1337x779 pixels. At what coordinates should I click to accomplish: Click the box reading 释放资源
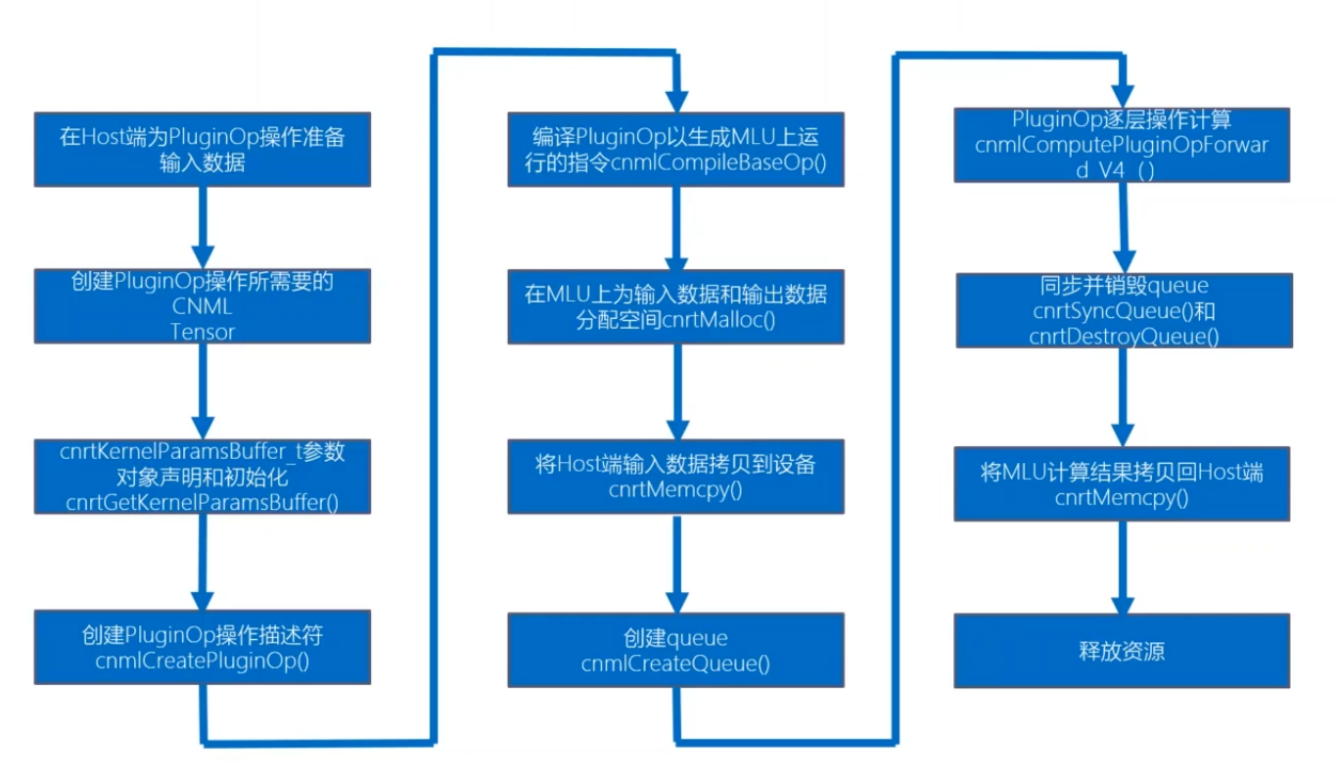(1122, 651)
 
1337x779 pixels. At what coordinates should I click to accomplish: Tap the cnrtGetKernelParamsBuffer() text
(203, 503)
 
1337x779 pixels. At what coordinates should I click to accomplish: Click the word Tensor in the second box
(203, 332)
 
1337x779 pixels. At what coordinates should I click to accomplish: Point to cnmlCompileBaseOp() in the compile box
(719, 162)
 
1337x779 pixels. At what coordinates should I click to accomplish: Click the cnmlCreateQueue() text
(675, 664)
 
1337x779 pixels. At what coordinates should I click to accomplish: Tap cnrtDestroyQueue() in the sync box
(1124, 336)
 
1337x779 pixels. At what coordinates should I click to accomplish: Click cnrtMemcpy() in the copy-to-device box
(675, 488)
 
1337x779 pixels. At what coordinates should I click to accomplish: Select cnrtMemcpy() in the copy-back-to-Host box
(1122, 497)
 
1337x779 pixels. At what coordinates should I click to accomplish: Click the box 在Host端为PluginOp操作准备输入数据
(203, 150)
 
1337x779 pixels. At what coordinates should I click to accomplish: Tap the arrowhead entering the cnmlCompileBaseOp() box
(675, 100)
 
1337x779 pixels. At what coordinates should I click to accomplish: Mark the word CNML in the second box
(203, 307)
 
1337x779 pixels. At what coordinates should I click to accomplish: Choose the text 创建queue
(675, 639)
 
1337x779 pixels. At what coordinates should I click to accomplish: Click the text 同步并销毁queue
(1124, 287)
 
